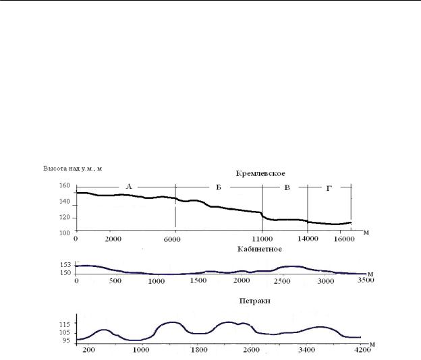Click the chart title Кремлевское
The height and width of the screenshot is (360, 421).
[x=260, y=173]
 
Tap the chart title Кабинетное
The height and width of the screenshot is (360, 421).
[x=260, y=249]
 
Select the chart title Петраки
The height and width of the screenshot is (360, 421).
[x=254, y=301]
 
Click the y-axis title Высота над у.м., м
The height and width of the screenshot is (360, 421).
[x=73, y=169]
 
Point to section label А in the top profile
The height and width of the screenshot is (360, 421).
[x=129, y=187]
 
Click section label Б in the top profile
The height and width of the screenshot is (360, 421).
[x=219, y=187]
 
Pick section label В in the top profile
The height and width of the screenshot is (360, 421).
[x=287, y=187]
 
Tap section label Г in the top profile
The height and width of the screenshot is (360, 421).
[x=329, y=189]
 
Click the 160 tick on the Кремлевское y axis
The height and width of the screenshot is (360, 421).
[x=65, y=185]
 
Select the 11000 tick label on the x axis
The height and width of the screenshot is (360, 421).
[x=262, y=239]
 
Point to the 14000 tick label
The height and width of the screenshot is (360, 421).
[x=308, y=239]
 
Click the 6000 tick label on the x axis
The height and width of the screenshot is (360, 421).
[x=172, y=239]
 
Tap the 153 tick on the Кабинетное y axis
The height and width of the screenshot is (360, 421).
[x=65, y=265]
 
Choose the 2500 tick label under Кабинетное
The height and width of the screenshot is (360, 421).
[x=282, y=281]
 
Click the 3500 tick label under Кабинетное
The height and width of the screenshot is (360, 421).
[x=366, y=280]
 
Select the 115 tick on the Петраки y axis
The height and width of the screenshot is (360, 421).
[x=65, y=324]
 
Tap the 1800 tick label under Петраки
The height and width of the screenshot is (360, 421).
[x=199, y=350]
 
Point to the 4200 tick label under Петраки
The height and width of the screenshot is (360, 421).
[x=362, y=349]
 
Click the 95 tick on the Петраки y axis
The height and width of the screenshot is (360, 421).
[x=66, y=340]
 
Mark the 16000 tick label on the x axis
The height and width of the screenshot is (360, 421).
[x=344, y=239]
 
